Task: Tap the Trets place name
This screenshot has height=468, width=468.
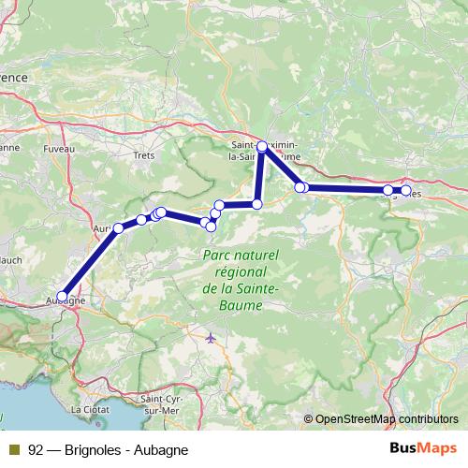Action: tap(143, 155)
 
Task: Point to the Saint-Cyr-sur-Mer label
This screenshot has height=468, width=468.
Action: tap(160, 405)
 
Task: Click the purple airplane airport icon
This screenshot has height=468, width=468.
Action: tap(211, 337)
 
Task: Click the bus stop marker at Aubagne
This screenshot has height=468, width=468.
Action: tap(65, 293)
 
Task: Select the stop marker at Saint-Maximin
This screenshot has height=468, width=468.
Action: tap(262, 146)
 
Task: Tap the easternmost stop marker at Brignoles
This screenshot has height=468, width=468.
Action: tap(405, 191)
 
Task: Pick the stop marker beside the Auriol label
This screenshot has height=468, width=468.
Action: tap(119, 228)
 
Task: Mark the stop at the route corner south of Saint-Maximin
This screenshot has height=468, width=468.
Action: tap(256, 203)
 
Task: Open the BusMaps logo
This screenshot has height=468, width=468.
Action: tap(430, 449)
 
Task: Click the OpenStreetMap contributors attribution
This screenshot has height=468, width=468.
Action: tap(386, 419)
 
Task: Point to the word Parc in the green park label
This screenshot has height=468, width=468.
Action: tap(217, 256)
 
